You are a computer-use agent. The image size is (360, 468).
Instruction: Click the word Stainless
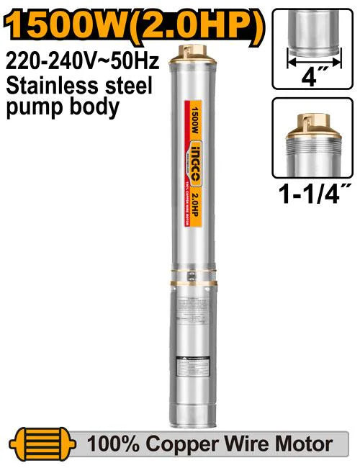(x=47, y=86)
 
